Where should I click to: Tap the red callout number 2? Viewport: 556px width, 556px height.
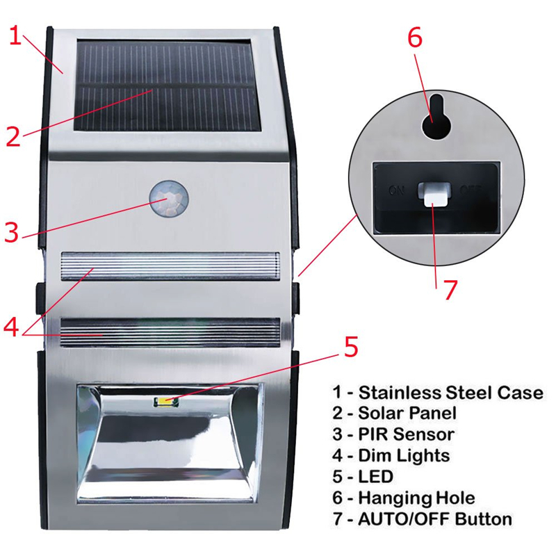tap(13, 136)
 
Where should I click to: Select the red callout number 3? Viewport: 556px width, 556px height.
tap(11, 231)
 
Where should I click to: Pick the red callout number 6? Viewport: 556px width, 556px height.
tap(415, 39)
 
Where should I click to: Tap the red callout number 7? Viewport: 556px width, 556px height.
tap(450, 288)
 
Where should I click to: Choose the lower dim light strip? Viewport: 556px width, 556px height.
tap(170, 334)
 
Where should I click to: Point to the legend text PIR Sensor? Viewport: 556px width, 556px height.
tap(406, 434)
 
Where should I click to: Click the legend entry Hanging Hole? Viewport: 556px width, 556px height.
tap(416, 498)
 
